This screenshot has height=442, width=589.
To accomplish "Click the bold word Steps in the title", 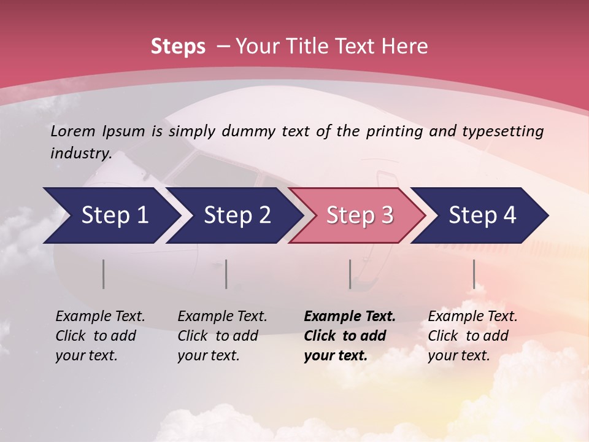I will (x=178, y=47).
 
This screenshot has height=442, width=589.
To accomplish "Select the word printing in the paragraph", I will (x=393, y=131).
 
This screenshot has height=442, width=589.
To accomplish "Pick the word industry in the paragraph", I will (x=80, y=153).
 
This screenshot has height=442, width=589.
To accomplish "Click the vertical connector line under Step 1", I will (x=103, y=274).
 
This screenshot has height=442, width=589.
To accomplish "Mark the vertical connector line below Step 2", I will (x=226, y=274).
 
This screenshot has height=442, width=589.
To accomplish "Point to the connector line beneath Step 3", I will (x=350, y=274).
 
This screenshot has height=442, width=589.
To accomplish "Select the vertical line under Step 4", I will (x=474, y=274).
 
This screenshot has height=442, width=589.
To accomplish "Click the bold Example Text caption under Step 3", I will (x=349, y=336).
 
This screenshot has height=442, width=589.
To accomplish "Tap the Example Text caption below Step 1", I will (x=100, y=336).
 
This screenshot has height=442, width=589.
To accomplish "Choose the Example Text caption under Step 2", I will (x=222, y=336).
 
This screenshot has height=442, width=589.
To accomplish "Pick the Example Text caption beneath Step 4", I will (x=472, y=336).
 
